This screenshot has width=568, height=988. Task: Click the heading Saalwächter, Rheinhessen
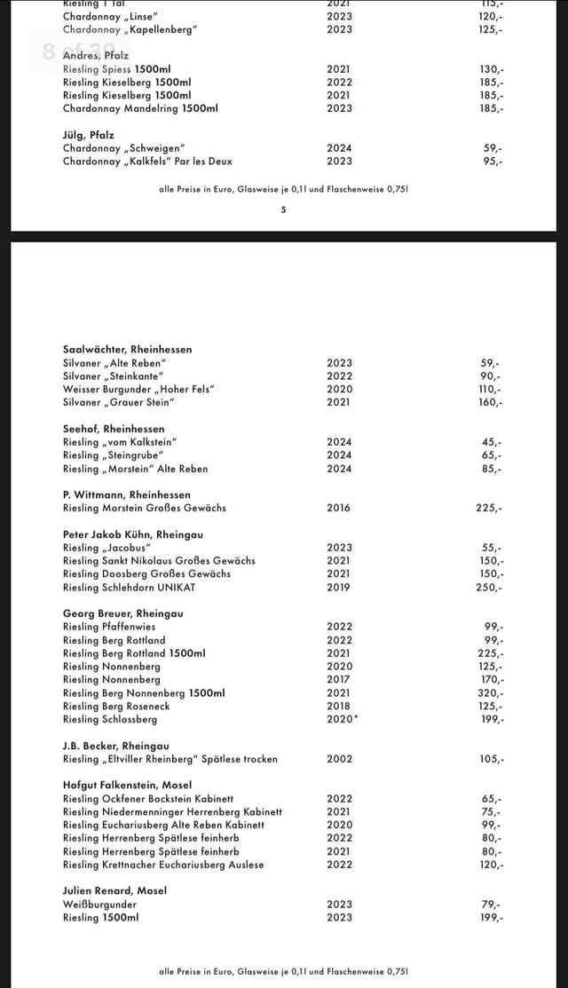pyautogui.click(x=127, y=350)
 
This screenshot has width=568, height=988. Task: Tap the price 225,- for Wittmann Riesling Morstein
pyautogui.click(x=490, y=509)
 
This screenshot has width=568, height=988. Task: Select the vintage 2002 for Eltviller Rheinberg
pyautogui.click(x=339, y=759)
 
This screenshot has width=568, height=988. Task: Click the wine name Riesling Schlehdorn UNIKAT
pyautogui.click(x=129, y=588)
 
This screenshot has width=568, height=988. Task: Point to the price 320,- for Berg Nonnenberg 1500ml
pyautogui.click(x=491, y=693)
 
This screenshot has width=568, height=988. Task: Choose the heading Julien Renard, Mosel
pyautogui.click(x=114, y=890)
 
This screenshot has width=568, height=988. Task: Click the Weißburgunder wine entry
pyautogui.click(x=99, y=905)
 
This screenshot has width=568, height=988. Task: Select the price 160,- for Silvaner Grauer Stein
pyautogui.click(x=491, y=403)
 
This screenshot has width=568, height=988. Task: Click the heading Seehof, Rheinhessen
pyautogui.click(x=114, y=429)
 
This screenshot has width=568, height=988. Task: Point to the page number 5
pyautogui.click(x=283, y=210)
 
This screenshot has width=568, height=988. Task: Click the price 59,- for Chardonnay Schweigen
pyautogui.click(x=493, y=148)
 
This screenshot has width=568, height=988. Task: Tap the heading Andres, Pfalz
pyautogui.click(x=95, y=55)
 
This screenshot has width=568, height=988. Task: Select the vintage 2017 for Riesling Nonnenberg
pyautogui.click(x=339, y=680)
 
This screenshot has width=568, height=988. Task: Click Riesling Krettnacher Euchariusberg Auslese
pyautogui.click(x=163, y=865)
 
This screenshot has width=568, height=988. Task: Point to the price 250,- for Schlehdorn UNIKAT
pyautogui.click(x=491, y=588)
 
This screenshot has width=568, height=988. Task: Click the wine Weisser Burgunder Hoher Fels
pyautogui.click(x=139, y=390)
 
